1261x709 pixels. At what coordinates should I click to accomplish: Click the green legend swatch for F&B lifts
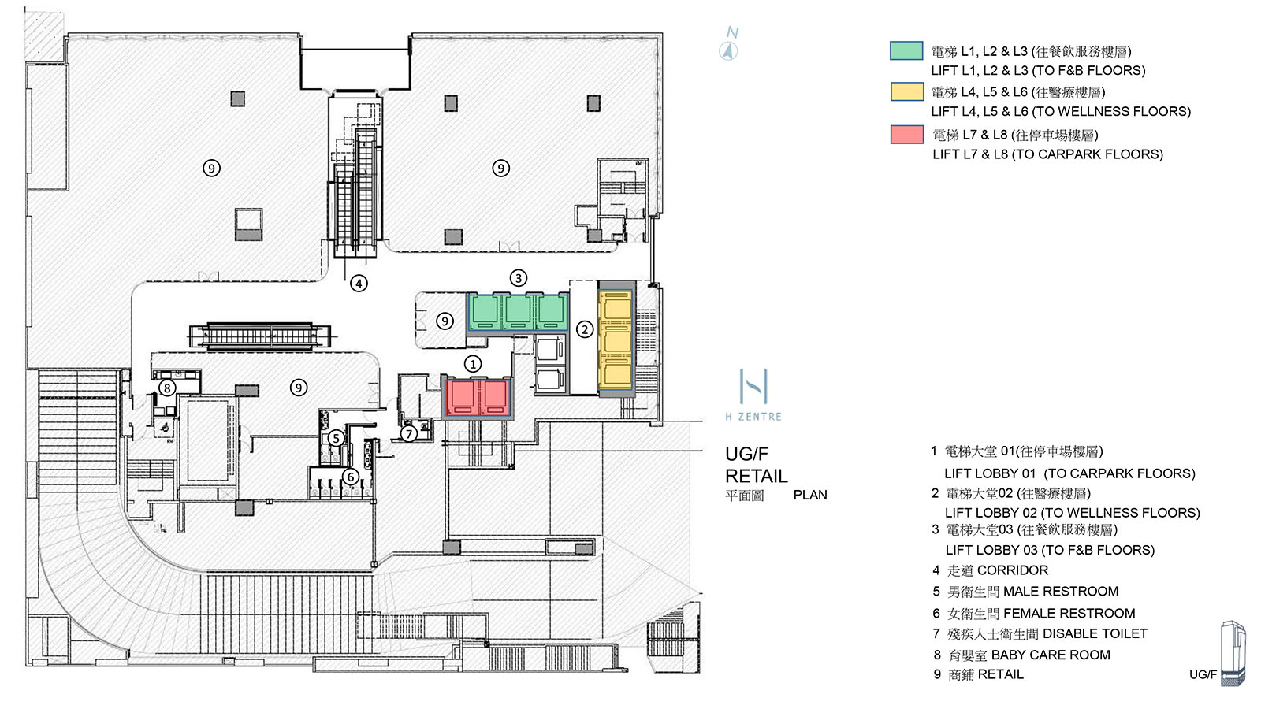coord(906,50)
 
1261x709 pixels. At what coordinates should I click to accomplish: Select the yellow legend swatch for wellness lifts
coord(906,91)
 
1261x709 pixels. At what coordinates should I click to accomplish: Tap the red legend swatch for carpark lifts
coord(906,134)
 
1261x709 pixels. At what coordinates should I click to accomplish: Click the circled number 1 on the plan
coord(472,364)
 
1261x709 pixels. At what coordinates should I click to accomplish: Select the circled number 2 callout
coord(584,329)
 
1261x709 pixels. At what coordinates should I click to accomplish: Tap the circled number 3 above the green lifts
coord(518,278)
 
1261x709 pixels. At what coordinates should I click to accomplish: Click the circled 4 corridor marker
coord(359,283)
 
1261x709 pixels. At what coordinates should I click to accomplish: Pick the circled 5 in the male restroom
coord(336,438)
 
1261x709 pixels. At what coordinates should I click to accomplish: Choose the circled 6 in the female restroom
coord(351,477)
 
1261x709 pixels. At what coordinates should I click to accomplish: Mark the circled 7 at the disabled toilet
coord(408,433)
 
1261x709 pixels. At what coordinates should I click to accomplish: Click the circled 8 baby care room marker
coord(166,388)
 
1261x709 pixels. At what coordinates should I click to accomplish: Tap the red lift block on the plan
coord(477,397)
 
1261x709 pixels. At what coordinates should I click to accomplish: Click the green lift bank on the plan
coord(518,312)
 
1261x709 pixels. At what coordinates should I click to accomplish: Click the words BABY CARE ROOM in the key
coord(1050,655)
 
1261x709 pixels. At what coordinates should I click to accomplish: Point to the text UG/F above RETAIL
coord(746,454)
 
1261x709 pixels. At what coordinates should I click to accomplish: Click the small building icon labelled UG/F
coord(1233,652)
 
